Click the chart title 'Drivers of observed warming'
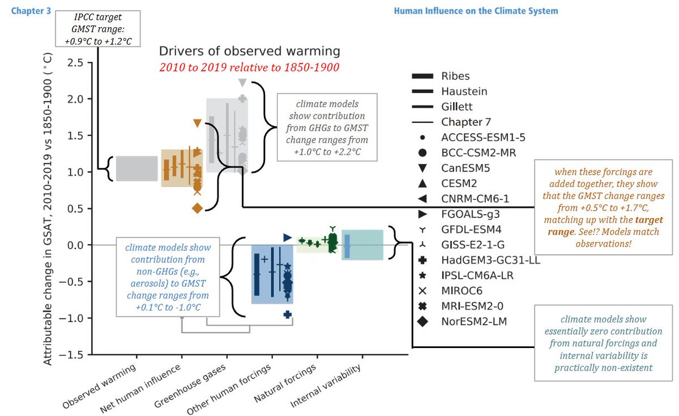pyautogui.click(x=249, y=52)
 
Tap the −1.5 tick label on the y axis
pyautogui.click(x=73, y=355)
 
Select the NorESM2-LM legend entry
pyautogui.click(x=474, y=321)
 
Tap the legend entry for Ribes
pyautogui.click(x=455, y=76)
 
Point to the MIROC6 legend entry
pyautogui.click(x=462, y=291)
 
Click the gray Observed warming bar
pyautogui.click(x=136, y=168)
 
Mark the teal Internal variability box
pyautogui.click(x=363, y=245)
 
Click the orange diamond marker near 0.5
pyautogui.click(x=197, y=208)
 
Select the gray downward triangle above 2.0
pyautogui.click(x=242, y=83)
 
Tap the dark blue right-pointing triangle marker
pyautogui.click(x=287, y=236)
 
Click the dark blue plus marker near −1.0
pyautogui.click(x=287, y=314)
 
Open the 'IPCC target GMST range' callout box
pyautogui.click(x=97, y=27)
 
